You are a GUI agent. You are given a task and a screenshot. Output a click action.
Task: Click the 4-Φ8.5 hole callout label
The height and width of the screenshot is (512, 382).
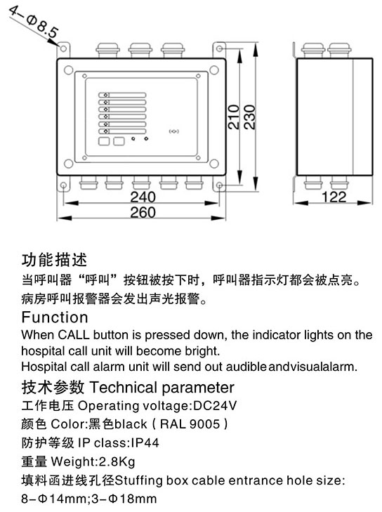[34, 22]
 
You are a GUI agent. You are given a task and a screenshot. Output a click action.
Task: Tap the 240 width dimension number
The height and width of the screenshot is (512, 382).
[143, 197]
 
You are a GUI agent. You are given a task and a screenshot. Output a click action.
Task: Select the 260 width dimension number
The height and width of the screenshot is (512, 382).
[143, 213]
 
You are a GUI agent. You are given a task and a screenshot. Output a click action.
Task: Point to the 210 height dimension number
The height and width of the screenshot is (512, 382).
[233, 117]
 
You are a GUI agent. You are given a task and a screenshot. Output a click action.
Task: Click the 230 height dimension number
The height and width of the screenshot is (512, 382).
[249, 117]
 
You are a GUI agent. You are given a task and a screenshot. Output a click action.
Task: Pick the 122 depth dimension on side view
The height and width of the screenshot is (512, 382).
[334, 197]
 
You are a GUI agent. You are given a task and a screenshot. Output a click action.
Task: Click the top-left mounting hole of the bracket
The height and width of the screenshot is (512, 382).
[63, 49]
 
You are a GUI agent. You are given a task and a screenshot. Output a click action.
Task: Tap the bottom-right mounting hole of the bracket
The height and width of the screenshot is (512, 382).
[219, 185]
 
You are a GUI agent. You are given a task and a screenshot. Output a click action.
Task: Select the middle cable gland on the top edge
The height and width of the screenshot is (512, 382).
[140, 51]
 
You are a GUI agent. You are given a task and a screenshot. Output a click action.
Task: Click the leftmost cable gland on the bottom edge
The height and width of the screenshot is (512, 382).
[88, 183]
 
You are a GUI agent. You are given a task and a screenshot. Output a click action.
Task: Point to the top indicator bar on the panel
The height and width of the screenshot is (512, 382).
[122, 95]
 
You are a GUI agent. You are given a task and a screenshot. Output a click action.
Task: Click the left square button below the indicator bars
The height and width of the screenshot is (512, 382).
[104, 141]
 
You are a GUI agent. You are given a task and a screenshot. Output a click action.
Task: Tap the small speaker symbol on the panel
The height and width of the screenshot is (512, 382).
[174, 131]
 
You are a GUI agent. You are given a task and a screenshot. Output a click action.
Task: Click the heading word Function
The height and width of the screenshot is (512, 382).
[55, 317]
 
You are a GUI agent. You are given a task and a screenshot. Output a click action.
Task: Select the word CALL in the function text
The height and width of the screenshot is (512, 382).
[74, 335]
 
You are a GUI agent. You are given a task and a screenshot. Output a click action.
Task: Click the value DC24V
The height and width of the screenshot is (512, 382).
[215, 405]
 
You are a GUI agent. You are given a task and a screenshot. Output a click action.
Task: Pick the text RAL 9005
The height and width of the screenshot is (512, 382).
[190, 424]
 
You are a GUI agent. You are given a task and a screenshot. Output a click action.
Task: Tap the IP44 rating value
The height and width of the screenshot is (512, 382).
[145, 442]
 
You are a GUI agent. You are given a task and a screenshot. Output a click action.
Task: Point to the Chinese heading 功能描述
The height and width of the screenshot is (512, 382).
[55, 260]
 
